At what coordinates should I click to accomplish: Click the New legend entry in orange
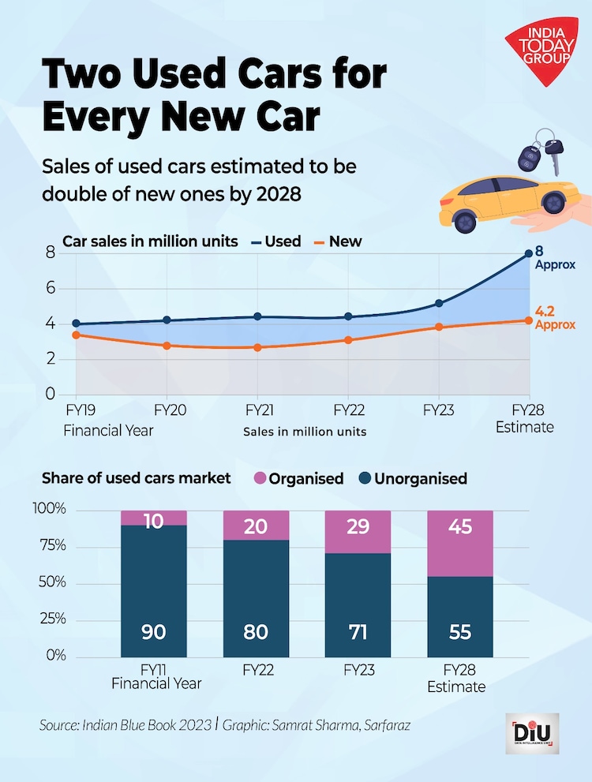pyautogui.click(x=335, y=241)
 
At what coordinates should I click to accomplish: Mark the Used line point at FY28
pyautogui.click(x=528, y=253)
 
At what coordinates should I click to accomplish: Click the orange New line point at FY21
pyautogui.click(x=257, y=347)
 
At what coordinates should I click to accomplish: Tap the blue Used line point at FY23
pyautogui.click(x=438, y=303)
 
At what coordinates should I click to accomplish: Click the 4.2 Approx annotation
pyautogui.click(x=554, y=318)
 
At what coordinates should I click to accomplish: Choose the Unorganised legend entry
pyautogui.click(x=410, y=478)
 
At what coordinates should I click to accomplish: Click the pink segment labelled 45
pyautogui.click(x=459, y=544)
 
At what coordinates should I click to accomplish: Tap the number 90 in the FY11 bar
pyautogui.click(x=154, y=632)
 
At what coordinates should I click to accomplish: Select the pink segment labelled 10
pyautogui.click(x=154, y=518)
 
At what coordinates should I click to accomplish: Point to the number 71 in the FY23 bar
pyautogui.click(x=358, y=632)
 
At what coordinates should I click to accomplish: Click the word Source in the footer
pyautogui.click(x=60, y=724)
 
